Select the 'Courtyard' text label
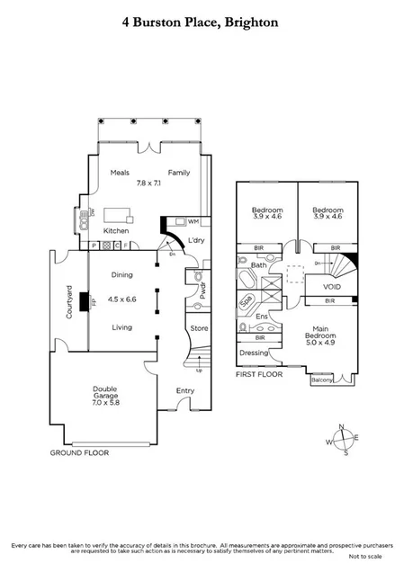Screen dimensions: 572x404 68,301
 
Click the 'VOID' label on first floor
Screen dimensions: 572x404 319,285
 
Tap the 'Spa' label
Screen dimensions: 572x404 246,301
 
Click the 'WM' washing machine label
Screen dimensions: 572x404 193,221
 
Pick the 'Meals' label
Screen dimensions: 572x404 121,172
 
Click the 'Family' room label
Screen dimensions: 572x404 177,172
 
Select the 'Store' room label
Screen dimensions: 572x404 199,328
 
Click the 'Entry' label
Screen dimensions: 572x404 185,390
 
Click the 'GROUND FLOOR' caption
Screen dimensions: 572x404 80,452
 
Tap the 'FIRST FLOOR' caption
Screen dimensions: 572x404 259,372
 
